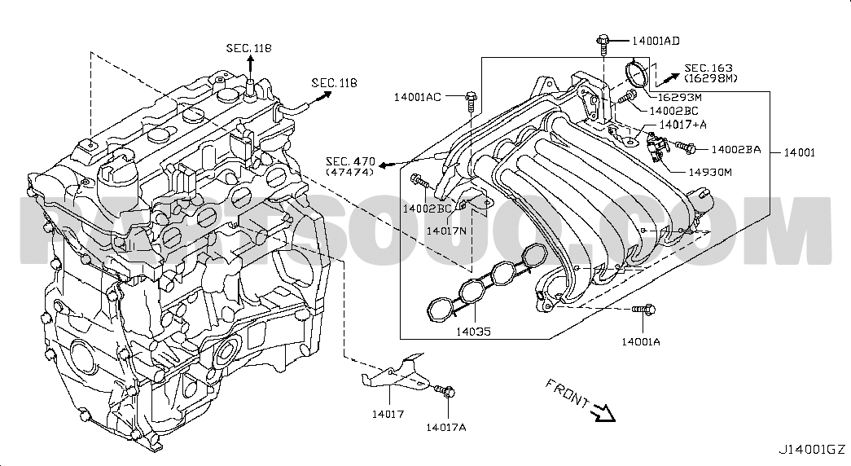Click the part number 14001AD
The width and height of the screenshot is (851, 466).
[x=656, y=41]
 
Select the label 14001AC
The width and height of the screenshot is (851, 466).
[x=418, y=97]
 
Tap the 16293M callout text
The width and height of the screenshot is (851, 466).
[x=679, y=97]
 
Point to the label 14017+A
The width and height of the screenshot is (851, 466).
[x=683, y=125]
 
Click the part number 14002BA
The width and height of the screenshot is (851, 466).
[x=736, y=149]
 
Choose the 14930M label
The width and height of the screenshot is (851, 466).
[x=710, y=172]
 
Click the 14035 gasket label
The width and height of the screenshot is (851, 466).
[x=473, y=331]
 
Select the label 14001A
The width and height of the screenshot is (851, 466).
[x=641, y=341]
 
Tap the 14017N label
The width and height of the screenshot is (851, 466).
[x=446, y=231]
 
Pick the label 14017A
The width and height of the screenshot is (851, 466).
[x=445, y=427]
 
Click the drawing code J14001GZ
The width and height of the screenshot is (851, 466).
[x=812, y=450]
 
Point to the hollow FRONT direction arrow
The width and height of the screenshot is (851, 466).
[x=603, y=412]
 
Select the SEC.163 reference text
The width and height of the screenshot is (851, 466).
[x=708, y=68]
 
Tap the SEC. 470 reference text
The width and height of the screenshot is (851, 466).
[x=350, y=161]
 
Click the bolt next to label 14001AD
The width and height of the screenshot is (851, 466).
[x=603, y=44]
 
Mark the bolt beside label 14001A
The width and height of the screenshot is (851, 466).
[x=643, y=310]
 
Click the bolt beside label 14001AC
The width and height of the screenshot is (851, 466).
[x=470, y=101]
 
